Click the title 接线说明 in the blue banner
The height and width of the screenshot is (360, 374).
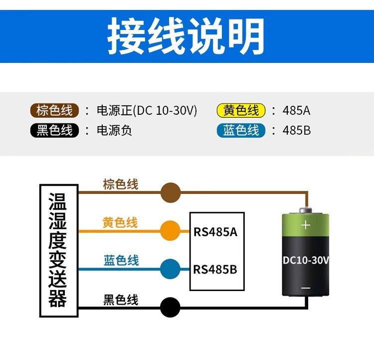coord(187,36)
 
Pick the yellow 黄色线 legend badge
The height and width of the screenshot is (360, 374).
coord(241,110)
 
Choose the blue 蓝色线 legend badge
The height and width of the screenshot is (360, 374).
coord(241,131)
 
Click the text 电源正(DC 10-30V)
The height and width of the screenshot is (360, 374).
coord(147,110)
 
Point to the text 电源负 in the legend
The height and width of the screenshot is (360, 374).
coord(114,131)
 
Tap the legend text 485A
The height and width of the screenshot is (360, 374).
coord(296,110)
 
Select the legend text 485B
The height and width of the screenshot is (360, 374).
coord(296,131)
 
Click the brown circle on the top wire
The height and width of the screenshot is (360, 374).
coord(170,192)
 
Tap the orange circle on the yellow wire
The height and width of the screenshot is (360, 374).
coord(170,231)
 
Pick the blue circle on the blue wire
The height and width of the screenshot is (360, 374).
coord(170,269)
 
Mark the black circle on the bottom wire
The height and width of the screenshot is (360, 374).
coord(170,306)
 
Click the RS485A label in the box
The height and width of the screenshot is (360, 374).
coord(215,232)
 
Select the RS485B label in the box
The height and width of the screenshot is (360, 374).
coord(215,270)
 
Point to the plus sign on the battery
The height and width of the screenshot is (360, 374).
coord(306,225)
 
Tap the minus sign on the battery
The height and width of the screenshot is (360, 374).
coord(306,288)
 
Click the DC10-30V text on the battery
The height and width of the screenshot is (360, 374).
coord(306,260)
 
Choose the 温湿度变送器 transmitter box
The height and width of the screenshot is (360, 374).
coord(58,251)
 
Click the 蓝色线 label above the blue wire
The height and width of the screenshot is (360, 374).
coord(121,260)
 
